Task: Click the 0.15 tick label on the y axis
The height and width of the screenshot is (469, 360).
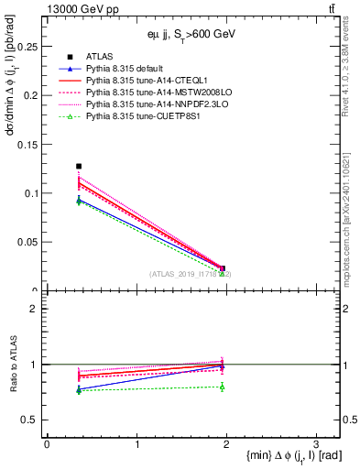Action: pyautogui.click(x=27, y=144)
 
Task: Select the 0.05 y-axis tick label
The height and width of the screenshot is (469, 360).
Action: pyautogui.click(x=27, y=243)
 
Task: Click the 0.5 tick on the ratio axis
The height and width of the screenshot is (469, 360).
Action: pyautogui.click(x=32, y=420)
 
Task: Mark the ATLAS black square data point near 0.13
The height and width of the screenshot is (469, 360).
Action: pyautogui.click(x=79, y=166)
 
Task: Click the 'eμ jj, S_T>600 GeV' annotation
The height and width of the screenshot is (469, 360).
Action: pyautogui.click(x=192, y=34)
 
